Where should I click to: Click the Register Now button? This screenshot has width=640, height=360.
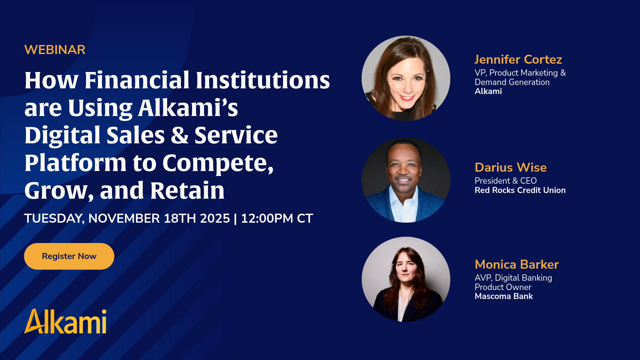(69, 256)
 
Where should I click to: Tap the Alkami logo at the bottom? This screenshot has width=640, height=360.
(65, 321)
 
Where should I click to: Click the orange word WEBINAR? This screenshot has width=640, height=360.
(55, 50)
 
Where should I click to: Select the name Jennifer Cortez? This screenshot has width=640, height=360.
(518, 59)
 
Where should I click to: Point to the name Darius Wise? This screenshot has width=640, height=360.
(511, 167)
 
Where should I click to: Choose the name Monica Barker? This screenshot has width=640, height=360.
(517, 264)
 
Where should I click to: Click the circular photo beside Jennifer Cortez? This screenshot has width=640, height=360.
(406, 78)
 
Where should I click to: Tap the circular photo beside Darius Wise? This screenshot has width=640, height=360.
(406, 180)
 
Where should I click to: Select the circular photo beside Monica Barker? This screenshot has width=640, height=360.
(406, 279)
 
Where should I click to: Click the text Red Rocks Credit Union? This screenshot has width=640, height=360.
(520, 190)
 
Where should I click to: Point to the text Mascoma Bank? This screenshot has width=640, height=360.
(504, 296)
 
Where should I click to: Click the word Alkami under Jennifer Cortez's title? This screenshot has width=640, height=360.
(488, 91)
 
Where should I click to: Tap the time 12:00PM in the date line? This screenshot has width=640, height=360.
(267, 218)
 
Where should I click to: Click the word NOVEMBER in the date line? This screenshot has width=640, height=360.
(124, 218)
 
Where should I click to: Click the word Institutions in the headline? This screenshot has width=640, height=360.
(263, 80)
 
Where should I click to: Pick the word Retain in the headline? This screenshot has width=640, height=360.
(187, 190)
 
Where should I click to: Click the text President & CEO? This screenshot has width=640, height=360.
(506, 181)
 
